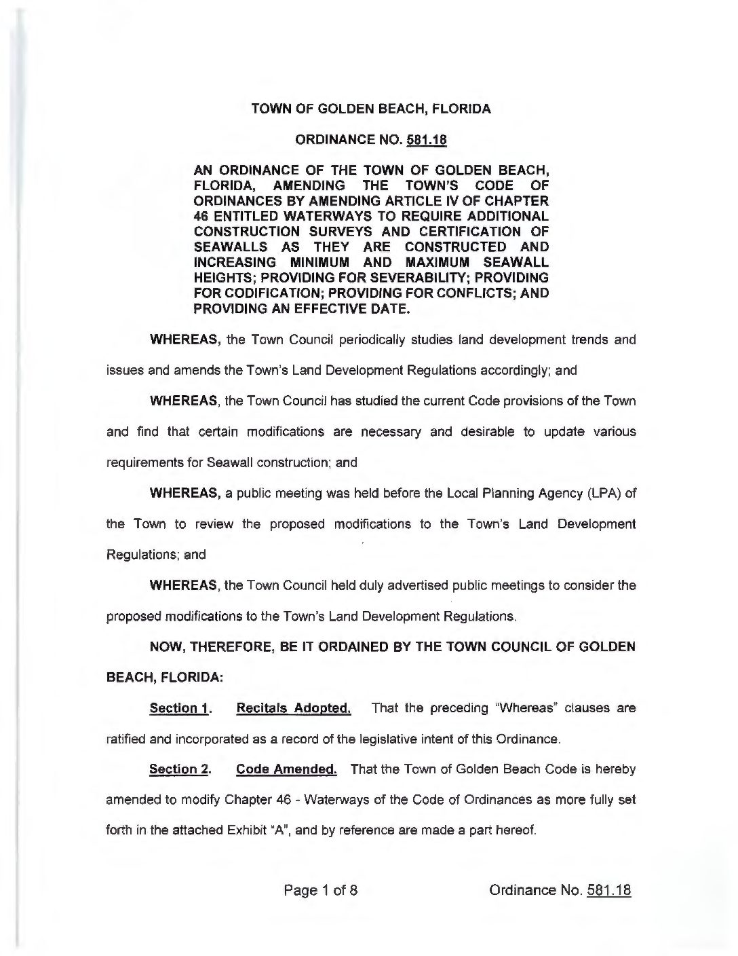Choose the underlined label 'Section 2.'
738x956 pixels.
click(180, 770)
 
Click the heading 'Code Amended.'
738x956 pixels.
click(286, 770)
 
